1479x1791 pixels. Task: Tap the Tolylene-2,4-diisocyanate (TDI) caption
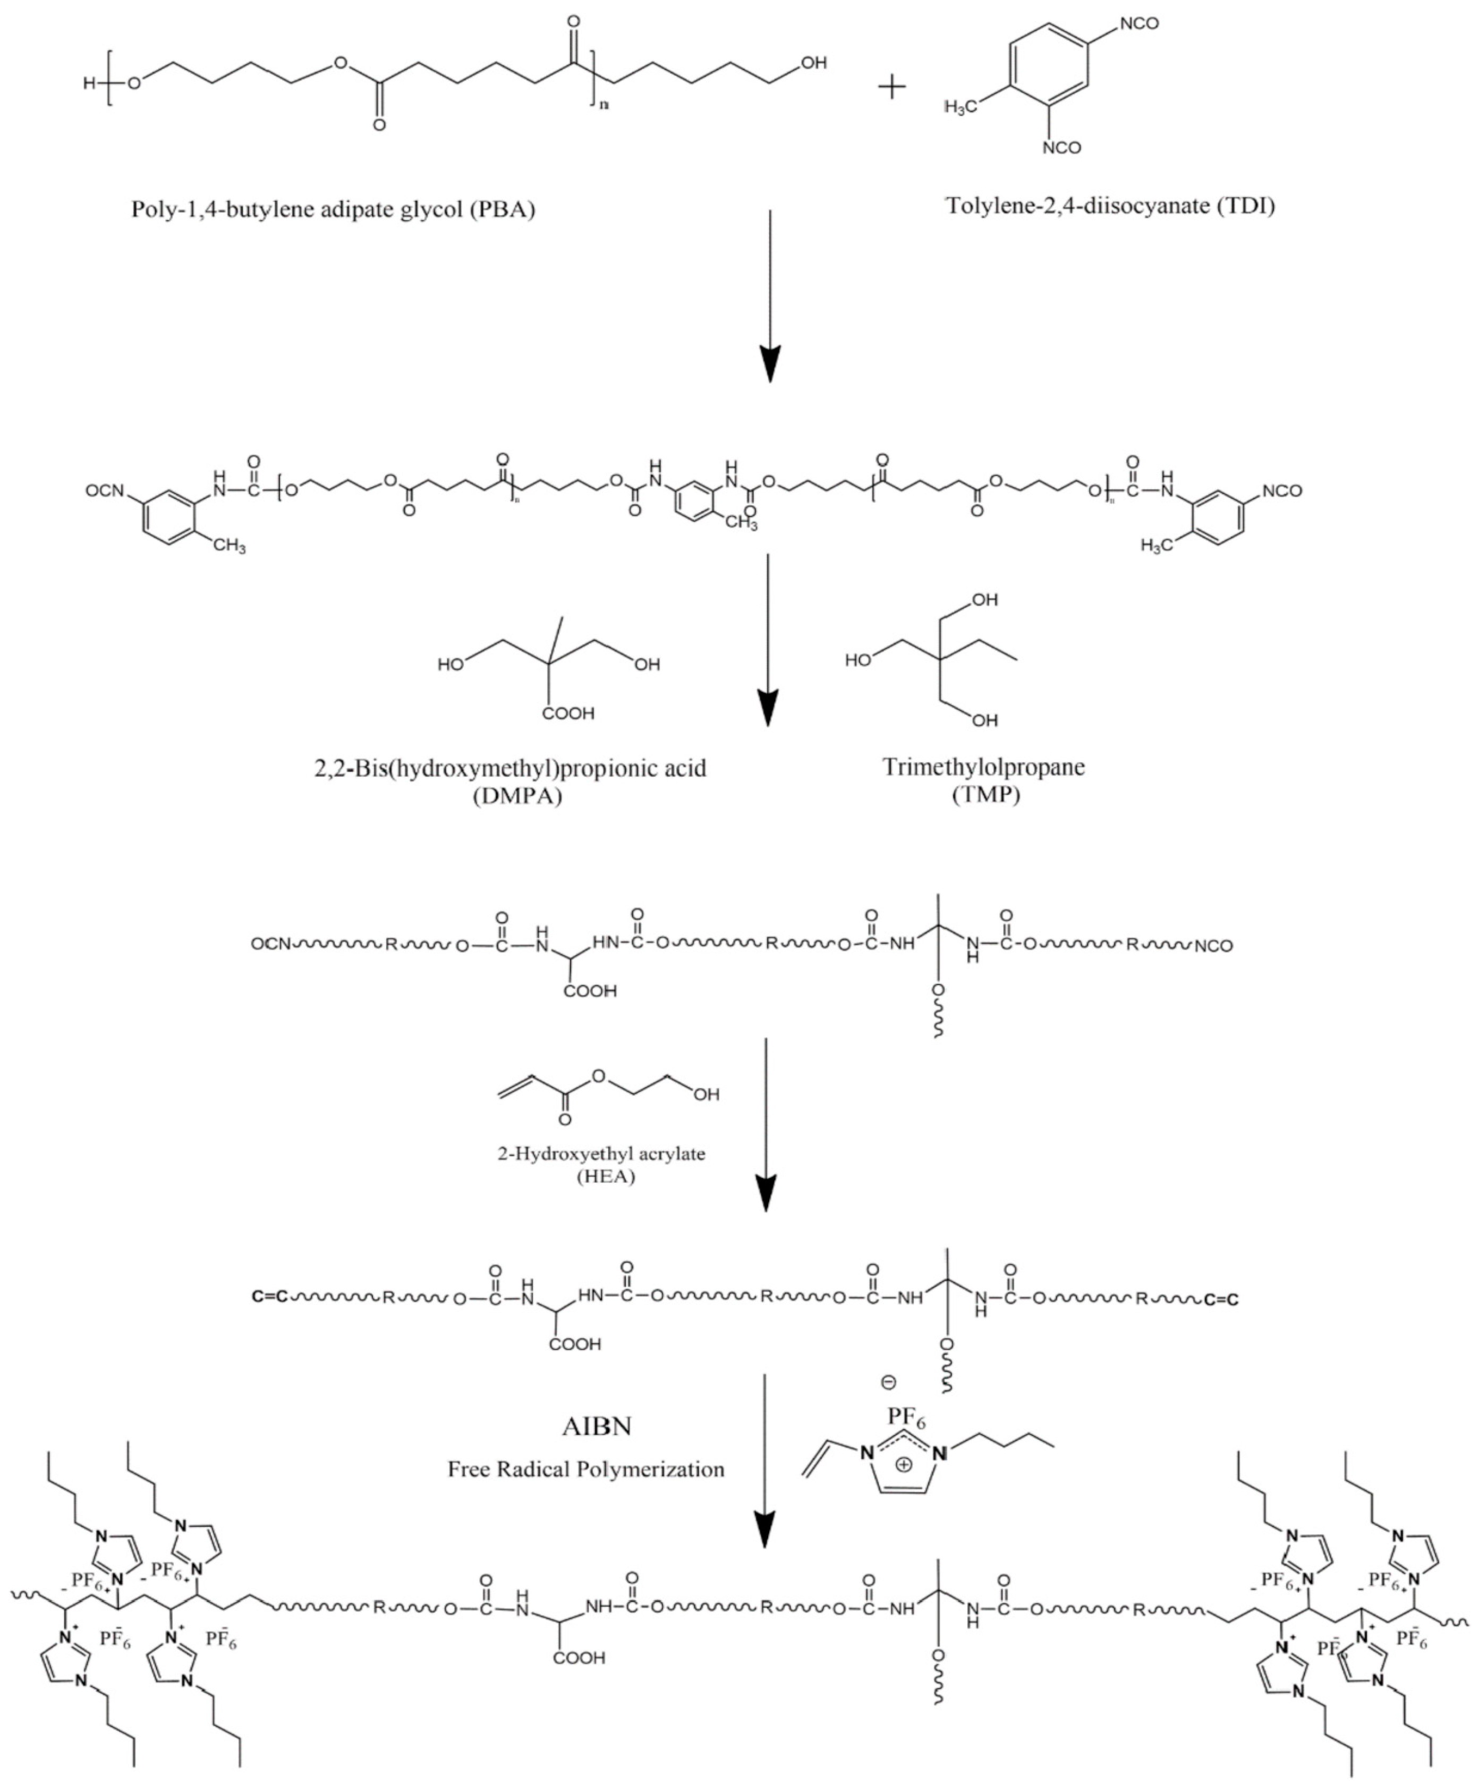tap(1111, 205)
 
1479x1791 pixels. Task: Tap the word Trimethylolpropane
tap(984, 767)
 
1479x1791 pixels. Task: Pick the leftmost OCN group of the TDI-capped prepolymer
tap(105, 491)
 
